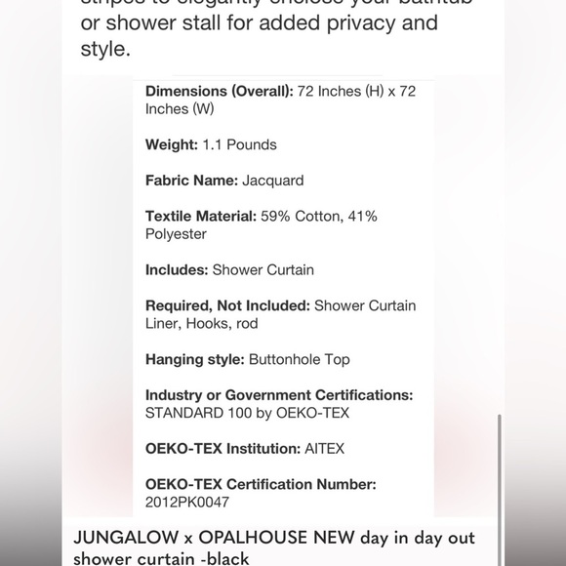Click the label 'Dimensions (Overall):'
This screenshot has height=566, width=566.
[x=219, y=91]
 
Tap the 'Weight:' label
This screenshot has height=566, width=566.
[x=172, y=144]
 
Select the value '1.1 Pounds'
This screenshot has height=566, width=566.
[x=240, y=144]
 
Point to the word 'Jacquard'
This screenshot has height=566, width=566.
[x=273, y=181]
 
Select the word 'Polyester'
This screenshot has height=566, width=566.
[x=176, y=234]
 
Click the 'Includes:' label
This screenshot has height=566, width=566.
[x=177, y=270]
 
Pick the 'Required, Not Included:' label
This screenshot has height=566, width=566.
[x=227, y=305]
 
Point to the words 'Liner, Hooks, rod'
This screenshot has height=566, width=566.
[x=202, y=323]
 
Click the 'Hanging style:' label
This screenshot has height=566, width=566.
[x=194, y=359]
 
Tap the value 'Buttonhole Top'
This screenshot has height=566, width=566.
[x=300, y=359]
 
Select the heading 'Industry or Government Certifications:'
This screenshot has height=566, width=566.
[x=279, y=395]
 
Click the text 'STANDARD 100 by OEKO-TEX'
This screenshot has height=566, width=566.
[x=247, y=413]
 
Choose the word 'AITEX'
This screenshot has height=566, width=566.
[x=324, y=449]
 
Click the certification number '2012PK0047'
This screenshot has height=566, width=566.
[x=187, y=503]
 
